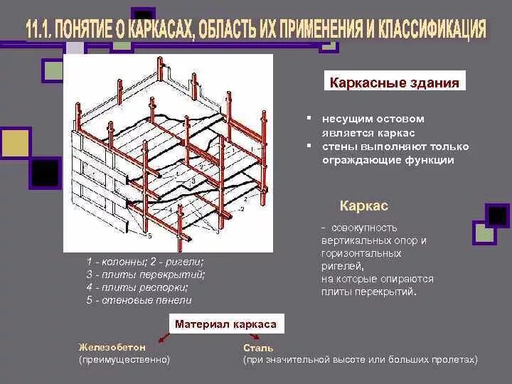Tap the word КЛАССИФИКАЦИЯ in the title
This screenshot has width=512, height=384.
click(x=427, y=30)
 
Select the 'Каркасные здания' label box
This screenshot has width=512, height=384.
click(x=395, y=82)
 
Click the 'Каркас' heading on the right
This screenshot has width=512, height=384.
click(x=363, y=206)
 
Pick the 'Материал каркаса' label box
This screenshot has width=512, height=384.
click(x=225, y=324)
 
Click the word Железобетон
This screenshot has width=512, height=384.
click(x=112, y=347)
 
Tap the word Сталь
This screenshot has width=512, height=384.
click(x=256, y=348)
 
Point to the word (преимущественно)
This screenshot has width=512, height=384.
click(x=124, y=360)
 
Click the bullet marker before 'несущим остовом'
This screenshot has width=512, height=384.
click(x=310, y=119)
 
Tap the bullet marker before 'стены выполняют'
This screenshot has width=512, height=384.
click(x=310, y=146)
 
